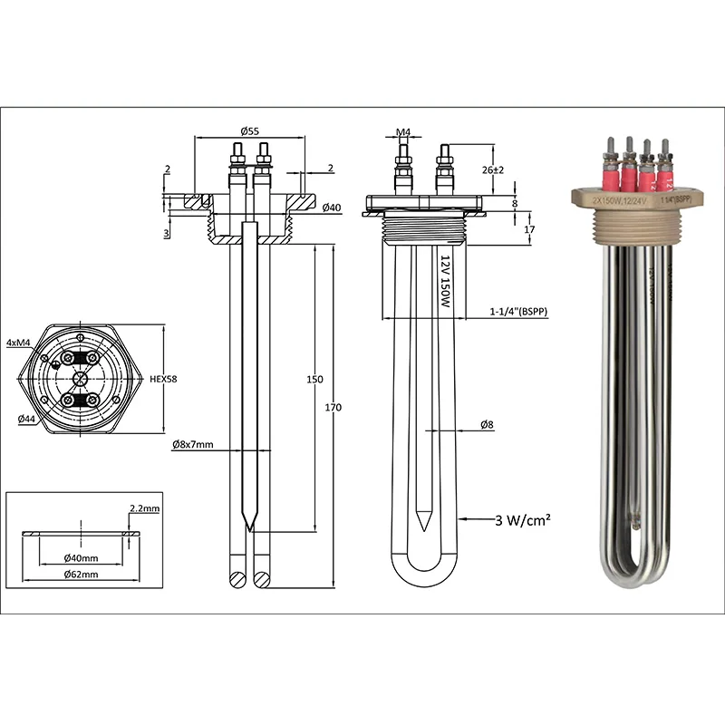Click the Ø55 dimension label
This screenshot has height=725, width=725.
[x=250, y=130]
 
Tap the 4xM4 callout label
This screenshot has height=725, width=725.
[x=18, y=343]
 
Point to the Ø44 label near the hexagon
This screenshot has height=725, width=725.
[x=28, y=418]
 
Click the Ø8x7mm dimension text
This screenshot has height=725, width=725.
[x=192, y=445]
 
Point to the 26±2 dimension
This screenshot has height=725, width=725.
[x=490, y=169]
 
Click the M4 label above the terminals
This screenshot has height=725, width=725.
[x=403, y=132]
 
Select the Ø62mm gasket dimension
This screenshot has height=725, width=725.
[x=81, y=573]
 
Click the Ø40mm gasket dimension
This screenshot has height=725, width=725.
[x=81, y=556]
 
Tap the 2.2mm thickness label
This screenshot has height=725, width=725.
[x=144, y=509]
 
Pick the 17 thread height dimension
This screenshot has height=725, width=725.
[x=528, y=230]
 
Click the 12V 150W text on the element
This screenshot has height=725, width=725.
[x=445, y=283]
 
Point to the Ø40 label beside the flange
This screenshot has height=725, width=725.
[x=332, y=208]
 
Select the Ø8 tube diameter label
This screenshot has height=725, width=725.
[x=487, y=424]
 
